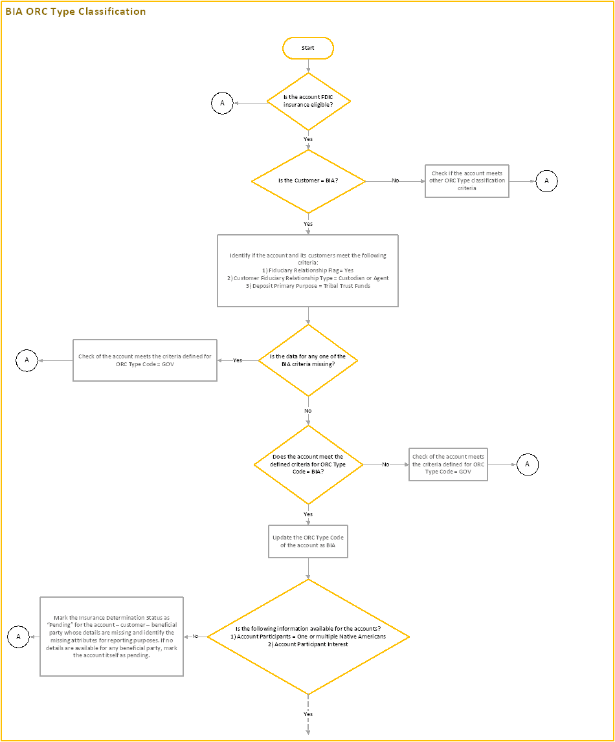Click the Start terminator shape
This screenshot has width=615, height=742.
coord(308,48)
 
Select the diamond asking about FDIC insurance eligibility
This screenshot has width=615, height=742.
coord(308,102)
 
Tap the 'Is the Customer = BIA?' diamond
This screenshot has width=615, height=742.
coord(308,181)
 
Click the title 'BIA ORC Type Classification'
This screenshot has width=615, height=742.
coord(76,12)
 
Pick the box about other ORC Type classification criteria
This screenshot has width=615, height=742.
coord(467,180)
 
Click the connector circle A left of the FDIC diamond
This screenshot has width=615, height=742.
coord(222,103)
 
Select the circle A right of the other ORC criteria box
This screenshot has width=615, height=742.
coord(546,181)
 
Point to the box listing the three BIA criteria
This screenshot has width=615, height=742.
coord(307,270)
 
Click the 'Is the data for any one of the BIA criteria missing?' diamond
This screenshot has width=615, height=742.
coord(307,360)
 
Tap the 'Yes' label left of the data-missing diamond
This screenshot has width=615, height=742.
coord(238,360)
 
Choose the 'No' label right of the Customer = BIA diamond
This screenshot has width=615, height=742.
coord(395,180)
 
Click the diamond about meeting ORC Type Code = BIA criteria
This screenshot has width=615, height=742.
coord(307,464)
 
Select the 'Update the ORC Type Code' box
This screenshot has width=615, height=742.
coord(307,541)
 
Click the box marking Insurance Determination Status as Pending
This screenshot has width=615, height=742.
coord(112,637)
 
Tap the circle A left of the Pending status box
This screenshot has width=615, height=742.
coord(18,637)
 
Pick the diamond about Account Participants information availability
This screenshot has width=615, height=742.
coord(308,637)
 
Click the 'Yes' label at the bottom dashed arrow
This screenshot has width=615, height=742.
coord(308,714)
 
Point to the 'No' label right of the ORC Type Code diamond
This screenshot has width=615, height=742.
coord(385,464)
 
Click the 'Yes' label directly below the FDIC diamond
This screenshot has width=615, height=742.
coord(308,139)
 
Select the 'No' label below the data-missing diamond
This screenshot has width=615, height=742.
coord(308,411)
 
